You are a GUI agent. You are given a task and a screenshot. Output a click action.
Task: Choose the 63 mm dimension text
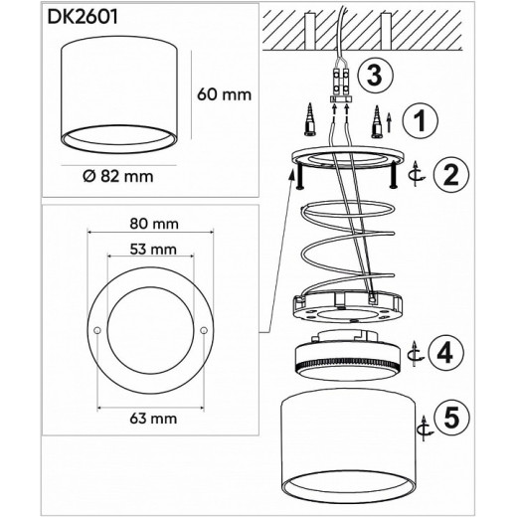tap(150, 418)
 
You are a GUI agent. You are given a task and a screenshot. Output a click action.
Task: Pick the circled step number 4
tap(449, 351)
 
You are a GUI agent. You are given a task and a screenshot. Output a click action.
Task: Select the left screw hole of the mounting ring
tap(96, 330)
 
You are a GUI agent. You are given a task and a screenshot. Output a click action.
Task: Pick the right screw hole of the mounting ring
tap(206, 330)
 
